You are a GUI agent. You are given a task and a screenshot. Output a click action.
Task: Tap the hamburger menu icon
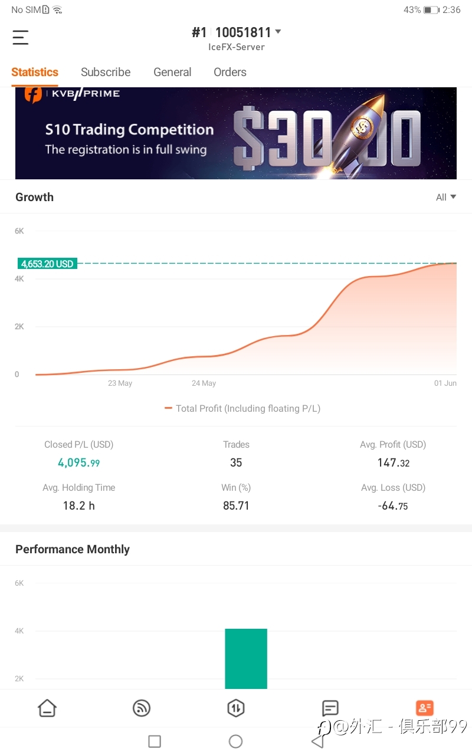coord(20,37)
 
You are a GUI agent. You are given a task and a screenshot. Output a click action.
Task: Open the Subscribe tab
coord(106,72)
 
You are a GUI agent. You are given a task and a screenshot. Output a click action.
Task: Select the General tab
coord(172,72)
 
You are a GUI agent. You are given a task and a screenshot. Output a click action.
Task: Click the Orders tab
coord(230,72)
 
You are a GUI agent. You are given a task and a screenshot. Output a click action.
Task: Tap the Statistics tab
coord(35,72)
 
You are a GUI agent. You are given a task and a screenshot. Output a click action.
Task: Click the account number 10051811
coord(243,32)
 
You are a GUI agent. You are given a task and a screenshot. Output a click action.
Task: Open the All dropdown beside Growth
coord(445,197)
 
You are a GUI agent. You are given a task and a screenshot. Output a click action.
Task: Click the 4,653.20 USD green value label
coord(47,264)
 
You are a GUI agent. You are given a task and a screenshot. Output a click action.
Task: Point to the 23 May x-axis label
coord(120,383)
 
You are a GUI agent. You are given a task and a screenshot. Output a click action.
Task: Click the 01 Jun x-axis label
coord(445,383)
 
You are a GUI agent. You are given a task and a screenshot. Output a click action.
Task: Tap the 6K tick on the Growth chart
coord(19,231)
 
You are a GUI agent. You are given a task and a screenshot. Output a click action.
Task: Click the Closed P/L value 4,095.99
coord(79,463)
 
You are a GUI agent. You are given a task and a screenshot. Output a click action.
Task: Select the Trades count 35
coord(236,462)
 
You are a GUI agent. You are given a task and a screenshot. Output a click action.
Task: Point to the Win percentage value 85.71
coord(236,505)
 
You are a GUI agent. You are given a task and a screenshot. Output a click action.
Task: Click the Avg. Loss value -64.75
coord(393,506)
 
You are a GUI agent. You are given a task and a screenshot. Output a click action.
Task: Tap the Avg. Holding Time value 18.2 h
coord(79,505)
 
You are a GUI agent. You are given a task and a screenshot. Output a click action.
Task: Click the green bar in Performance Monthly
coord(246,659)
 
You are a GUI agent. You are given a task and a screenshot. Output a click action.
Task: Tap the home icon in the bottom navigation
coord(47,708)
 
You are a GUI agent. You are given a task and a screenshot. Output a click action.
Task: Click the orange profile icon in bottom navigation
coord(425,708)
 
